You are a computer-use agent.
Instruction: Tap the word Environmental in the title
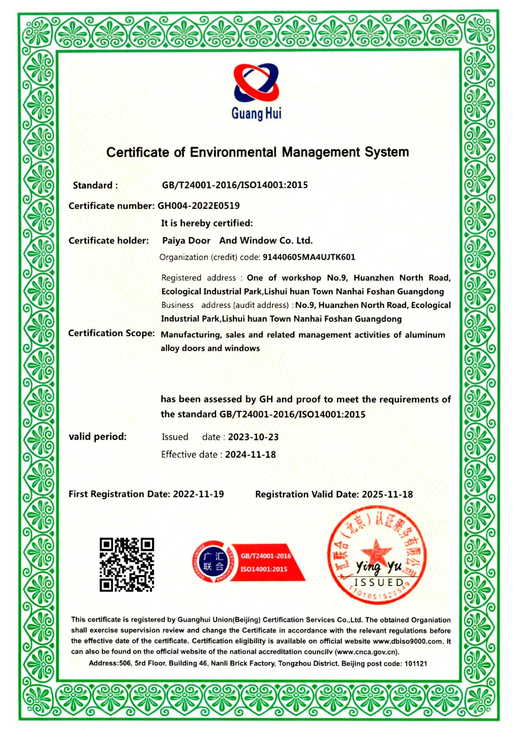[233, 152]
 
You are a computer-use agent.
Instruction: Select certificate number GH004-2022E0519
[198, 205]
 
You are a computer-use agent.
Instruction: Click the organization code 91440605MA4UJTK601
[309, 257]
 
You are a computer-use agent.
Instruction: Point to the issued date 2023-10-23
[253, 437]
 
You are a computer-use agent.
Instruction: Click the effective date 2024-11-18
[250, 455]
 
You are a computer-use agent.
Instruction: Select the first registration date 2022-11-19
[198, 494]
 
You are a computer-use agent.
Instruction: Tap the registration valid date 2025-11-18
[387, 494]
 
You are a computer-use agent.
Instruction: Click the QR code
[127, 565]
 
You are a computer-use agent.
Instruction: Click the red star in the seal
[376, 552]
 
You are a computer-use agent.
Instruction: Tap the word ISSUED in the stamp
[379, 582]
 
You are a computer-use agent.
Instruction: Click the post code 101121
[416, 664]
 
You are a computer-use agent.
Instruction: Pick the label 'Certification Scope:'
[112, 333]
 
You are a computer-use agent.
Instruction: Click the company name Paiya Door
[186, 241]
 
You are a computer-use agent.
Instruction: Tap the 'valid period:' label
[98, 437]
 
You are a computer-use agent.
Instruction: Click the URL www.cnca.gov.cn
[367, 652]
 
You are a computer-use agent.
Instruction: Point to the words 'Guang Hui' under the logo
[256, 114]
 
